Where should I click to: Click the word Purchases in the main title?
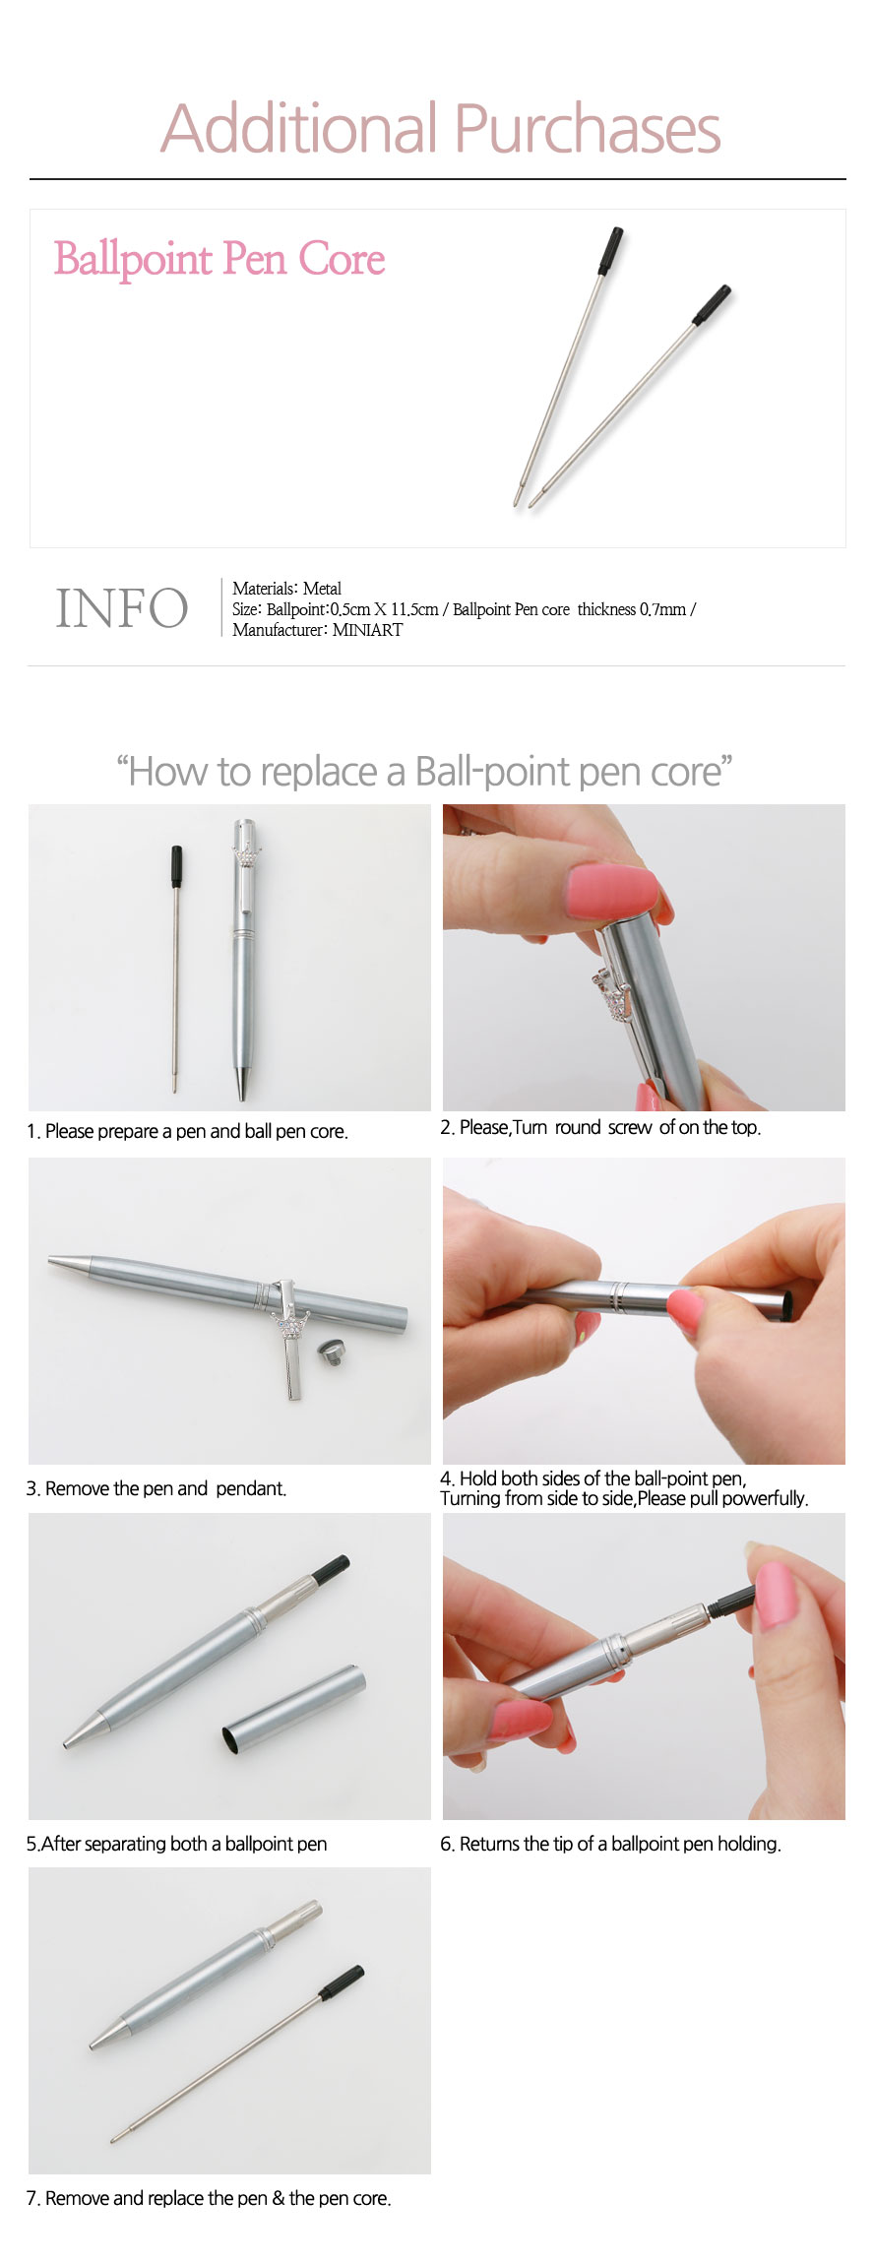coord(588,129)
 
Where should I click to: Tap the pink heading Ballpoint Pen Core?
coord(219,259)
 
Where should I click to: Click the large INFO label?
coord(122,607)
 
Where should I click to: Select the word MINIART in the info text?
coord(367,630)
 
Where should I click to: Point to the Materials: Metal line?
coord(286,589)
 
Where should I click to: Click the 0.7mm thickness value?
coord(662,609)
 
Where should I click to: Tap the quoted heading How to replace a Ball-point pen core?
coord(424,772)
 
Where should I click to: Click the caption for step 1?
coord(187,1131)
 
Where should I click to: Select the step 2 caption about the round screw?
coord(600,1127)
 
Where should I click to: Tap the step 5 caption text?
coord(176,1844)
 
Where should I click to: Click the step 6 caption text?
coord(610,1844)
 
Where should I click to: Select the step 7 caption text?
coord(209,2198)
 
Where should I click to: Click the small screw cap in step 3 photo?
coord(331,1351)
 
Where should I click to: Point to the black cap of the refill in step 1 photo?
coord(177,866)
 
